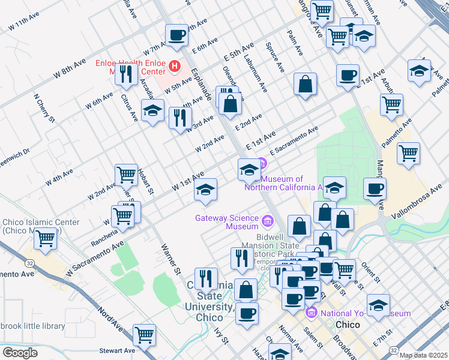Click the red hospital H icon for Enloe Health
tap(175, 66)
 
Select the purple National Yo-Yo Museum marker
tap(311, 313)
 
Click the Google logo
tap(20, 352)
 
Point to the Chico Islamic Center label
tap(40, 226)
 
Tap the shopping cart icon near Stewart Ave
tap(144, 335)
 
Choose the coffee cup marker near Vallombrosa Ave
tap(375, 188)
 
